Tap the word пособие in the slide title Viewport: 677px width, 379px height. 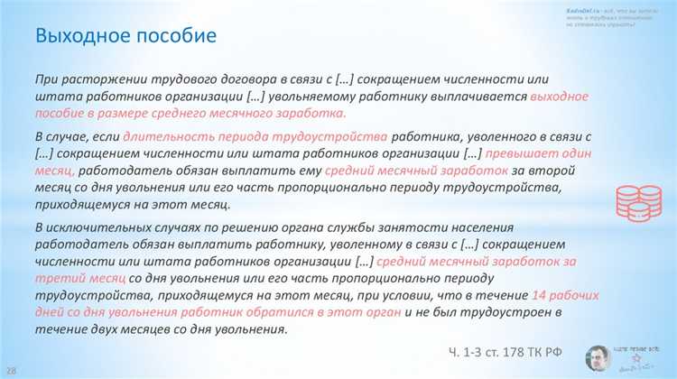174,37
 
